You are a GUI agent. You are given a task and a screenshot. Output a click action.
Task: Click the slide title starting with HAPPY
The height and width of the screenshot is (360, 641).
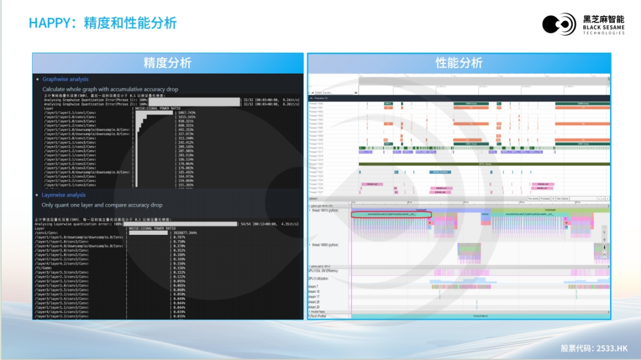click(x=103, y=23)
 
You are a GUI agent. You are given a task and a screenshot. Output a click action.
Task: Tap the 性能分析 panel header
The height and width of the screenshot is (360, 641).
click(x=459, y=63)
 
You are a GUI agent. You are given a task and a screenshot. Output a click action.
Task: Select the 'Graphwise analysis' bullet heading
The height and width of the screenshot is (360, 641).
click(x=65, y=79)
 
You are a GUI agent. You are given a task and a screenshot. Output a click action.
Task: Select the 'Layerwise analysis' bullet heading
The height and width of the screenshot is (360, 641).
click(x=64, y=195)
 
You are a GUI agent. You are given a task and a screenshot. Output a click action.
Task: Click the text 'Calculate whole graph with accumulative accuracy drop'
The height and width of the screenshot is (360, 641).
click(x=110, y=89)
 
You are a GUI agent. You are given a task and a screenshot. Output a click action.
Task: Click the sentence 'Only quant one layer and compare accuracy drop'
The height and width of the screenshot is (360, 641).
click(x=102, y=205)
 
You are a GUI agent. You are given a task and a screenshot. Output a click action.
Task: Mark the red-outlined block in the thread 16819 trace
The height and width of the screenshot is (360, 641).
click(x=391, y=214)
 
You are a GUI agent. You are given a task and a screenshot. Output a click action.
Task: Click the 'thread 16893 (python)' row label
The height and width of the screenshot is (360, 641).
click(x=326, y=244)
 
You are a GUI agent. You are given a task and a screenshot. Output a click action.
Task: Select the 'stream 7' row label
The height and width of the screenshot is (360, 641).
click(x=313, y=286)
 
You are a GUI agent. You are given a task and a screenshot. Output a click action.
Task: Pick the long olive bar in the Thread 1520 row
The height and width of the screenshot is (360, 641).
click(x=484, y=164)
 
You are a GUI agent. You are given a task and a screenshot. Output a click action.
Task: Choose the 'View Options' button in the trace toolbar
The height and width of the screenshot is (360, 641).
click(x=561, y=199)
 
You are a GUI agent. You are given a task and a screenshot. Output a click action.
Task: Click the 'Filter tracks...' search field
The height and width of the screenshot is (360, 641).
click(x=325, y=93)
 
